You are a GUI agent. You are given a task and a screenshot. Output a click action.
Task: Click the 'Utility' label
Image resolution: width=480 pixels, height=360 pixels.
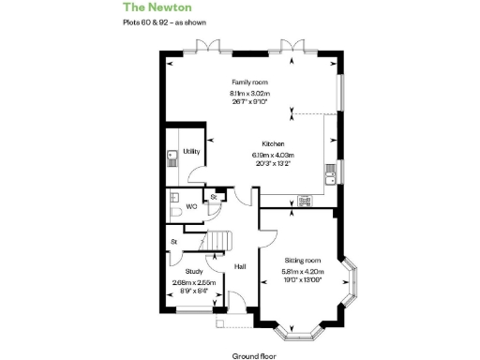pos(191,151)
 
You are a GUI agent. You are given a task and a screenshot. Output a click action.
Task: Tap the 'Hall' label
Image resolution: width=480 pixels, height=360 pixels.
pos(240,266)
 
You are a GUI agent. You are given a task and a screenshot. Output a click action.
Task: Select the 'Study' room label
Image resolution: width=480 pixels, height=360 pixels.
pos(194,273)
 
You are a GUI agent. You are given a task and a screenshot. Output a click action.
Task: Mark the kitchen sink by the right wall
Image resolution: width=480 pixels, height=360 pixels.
pos(329,172)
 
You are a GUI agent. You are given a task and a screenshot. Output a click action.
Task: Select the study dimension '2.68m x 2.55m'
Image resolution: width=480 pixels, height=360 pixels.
pos(194,282)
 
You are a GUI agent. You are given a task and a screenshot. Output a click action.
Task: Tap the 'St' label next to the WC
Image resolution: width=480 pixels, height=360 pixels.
pos(214,198)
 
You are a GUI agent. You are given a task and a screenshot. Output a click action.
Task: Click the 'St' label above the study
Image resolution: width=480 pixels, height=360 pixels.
pos(174,243)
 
